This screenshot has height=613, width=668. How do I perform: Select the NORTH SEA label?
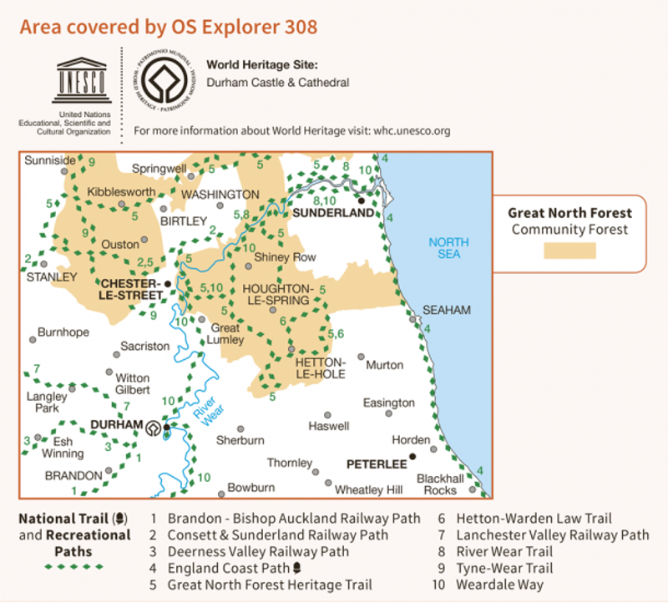pos(448,248)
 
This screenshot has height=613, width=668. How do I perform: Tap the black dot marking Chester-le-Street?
pos(168,284)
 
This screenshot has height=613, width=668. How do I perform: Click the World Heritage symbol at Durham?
pos(154,429)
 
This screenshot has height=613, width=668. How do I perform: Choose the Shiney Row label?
pos(286,257)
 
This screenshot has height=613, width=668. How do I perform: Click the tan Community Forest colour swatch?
pos(570,251)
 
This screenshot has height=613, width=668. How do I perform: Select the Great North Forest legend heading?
pos(570,213)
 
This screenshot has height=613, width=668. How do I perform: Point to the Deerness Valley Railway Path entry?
pos(259,552)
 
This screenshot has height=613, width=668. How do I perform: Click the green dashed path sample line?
pos(74,566)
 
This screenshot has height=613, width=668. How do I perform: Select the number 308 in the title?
pos(300,26)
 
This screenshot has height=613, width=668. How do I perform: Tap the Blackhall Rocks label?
pos(440,484)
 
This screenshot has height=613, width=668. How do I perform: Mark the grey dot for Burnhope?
pos(33,339)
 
